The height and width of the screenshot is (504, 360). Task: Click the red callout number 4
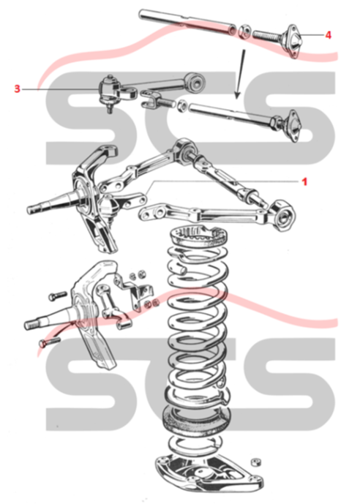coord(328,34)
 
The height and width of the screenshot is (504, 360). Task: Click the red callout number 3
coord(18,89)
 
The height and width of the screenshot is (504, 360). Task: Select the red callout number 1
coord(304,182)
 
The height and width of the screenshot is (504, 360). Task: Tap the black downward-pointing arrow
coord(241,74)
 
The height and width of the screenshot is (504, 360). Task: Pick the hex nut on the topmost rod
coord(244,31)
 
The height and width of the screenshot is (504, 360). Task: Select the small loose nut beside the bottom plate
coord(256,462)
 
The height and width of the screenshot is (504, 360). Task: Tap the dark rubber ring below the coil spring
coord(197,421)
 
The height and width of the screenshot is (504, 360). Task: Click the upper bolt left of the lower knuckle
coord(58,296)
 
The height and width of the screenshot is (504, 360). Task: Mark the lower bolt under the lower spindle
coord(50,342)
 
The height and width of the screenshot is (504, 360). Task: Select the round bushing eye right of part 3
coord(196,82)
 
